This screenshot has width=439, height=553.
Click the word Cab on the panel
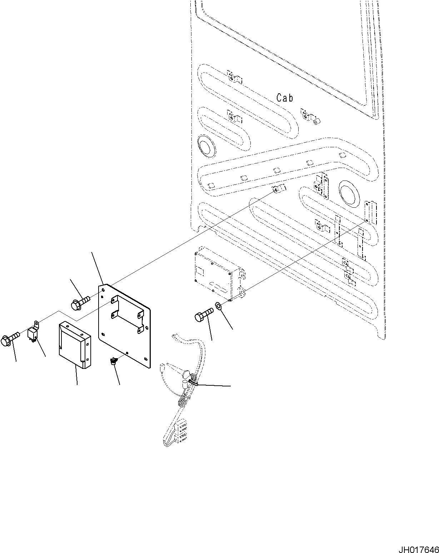(285, 98)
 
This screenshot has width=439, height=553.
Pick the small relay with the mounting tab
(33, 332)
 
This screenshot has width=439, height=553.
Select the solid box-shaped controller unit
(74, 344)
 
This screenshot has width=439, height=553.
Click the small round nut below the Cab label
(315, 122)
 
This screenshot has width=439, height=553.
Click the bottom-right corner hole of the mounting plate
(145, 358)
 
